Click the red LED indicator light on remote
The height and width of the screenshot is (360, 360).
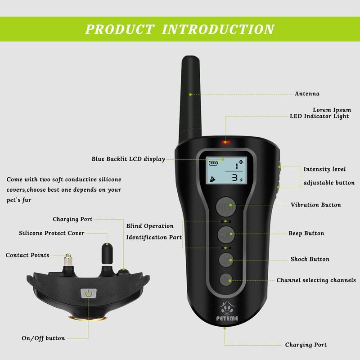click(226, 143)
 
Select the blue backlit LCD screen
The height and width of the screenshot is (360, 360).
click(226, 171)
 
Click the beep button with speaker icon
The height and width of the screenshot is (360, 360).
click(226, 234)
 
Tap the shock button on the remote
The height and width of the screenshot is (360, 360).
click(226, 260)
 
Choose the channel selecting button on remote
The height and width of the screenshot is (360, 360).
click(226, 280)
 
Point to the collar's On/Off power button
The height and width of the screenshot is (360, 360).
click(88, 293)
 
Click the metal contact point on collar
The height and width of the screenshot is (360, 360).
click(68, 260)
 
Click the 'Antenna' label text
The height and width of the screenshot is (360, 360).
click(307, 94)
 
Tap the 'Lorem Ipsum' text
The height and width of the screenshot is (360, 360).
click(332, 110)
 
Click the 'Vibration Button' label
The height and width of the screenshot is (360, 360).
click(315, 205)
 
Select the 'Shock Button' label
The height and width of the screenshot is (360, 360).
click(310, 259)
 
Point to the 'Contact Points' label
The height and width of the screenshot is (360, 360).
click(27, 256)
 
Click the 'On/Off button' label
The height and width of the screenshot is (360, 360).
click(43, 338)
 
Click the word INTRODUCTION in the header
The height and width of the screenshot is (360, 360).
click(218, 29)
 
